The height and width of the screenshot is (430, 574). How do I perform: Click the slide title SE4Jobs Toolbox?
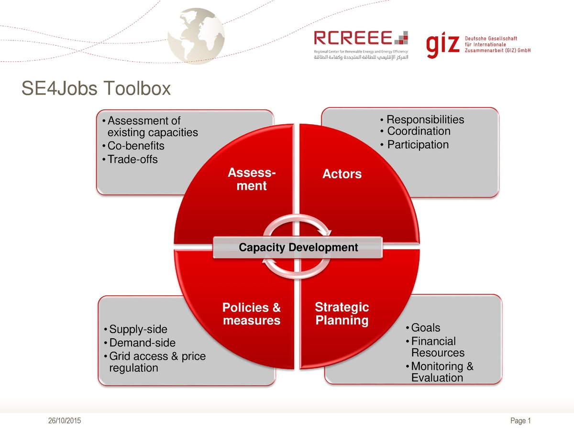click(96, 88)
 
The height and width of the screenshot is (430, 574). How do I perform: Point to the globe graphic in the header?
click(197, 35)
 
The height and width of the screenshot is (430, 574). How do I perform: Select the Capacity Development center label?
click(298, 247)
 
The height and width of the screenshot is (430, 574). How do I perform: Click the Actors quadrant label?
click(342, 174)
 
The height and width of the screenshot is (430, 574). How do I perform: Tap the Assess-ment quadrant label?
click(252, 179)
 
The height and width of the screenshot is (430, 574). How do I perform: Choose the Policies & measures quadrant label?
click(252, 314)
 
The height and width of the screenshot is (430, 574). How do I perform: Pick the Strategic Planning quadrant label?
click(342, 313)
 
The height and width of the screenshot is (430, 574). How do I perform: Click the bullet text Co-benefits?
click(136, 146)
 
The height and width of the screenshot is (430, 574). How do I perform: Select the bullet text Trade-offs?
click(132, 159)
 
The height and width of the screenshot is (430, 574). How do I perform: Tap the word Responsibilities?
click(425, 119)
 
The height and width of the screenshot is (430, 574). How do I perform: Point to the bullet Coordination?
click(419, 131)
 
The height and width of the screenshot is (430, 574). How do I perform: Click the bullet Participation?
click(418, 144)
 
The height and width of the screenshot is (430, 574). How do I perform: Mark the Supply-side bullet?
click(138, 329)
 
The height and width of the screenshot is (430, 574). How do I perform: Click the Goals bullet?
click(425, 328)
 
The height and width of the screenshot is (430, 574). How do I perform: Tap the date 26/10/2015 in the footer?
click(65, 420)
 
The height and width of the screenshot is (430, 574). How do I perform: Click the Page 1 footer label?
click(521, 420)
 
